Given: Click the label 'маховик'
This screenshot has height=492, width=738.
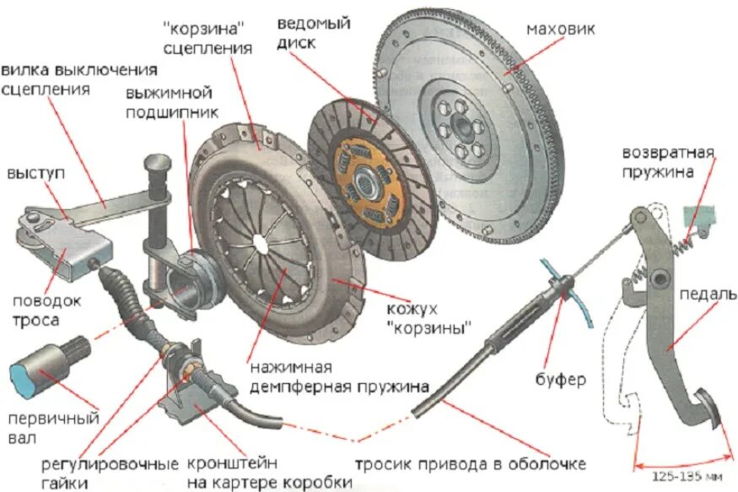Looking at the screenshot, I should (x=560, y=29).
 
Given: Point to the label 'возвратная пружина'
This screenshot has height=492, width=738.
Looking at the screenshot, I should (x=668, y=163).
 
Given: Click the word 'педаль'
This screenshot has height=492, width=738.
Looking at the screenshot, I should (x=707, y=295).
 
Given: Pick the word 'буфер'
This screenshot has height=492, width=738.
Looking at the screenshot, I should (x=559, y=379).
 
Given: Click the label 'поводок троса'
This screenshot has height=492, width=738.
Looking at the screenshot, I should (x=46, y=310).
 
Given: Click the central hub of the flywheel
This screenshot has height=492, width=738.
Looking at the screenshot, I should (x=461, y=127).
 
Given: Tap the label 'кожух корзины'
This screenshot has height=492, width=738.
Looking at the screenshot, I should (x=428, y=316).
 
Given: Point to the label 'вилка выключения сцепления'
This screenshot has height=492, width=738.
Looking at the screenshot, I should (x=79, y=78).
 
